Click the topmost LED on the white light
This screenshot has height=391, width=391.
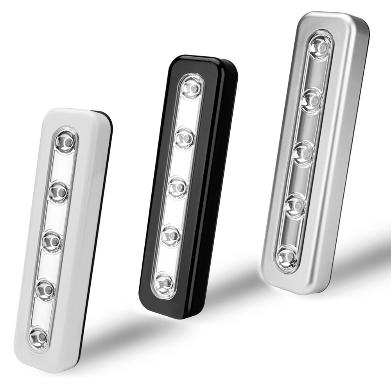coord(66,140)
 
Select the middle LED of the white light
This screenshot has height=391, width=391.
coord(53,240)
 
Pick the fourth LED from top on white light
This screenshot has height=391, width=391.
coord(46,289)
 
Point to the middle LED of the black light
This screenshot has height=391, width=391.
coord(178,187)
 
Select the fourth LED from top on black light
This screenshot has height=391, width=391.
coord(171,235)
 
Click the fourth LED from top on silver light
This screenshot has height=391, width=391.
coord(296,205)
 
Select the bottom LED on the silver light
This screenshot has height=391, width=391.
coord(288,256)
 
